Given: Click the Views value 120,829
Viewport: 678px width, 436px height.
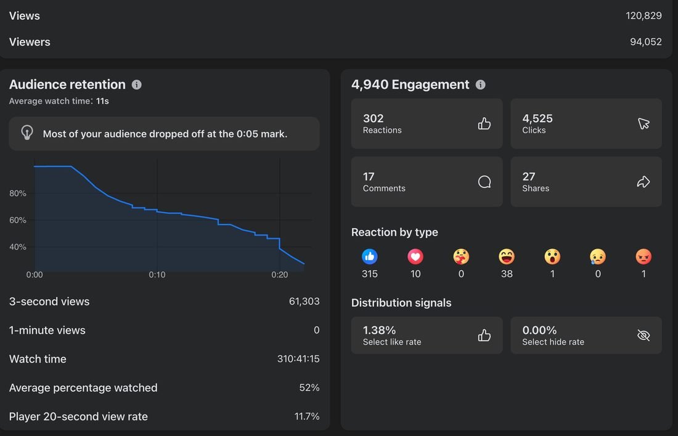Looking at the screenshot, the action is [643, 15].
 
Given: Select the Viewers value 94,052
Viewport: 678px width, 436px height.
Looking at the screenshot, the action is [645, 42].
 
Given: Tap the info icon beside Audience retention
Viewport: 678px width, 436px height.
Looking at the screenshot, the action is [137, 84].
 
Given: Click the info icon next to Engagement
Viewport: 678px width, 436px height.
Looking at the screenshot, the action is [480, 84].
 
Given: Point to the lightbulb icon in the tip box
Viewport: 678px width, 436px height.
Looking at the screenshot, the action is [27, 133].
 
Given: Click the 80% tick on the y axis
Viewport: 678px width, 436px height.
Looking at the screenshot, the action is [18, 194].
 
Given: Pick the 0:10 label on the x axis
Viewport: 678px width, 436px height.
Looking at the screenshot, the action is [157, 274].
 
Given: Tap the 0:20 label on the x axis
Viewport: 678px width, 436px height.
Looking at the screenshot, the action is [280, 274].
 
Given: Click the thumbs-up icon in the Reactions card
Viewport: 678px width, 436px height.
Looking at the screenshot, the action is [484, 124].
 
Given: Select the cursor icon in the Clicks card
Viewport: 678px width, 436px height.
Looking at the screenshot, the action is [643, 124].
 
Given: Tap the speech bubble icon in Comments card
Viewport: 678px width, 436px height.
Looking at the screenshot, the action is [484, 182].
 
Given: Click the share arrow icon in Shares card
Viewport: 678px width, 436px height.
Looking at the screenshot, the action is [643, 182].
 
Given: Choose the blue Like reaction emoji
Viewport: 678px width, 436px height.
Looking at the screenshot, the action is [370, 257].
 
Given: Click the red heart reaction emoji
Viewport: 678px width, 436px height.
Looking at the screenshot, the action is [415, 257].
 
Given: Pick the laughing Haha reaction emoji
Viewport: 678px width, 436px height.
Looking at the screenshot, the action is [507, 257].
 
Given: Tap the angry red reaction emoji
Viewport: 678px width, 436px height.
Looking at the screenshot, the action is [644, 257].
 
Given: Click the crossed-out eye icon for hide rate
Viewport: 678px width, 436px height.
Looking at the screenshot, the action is [643, 335].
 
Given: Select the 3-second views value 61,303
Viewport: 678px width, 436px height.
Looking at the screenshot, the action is [304, 302].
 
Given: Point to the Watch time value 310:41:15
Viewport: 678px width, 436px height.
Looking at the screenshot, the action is [298, 359].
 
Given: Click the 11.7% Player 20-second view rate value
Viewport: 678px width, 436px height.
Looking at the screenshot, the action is [307, 416].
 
